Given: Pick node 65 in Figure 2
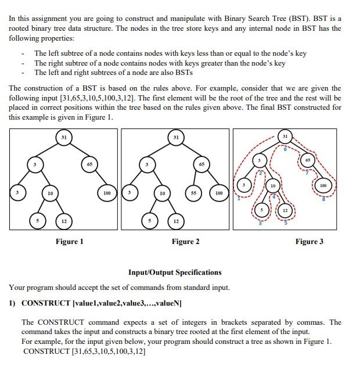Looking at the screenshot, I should [x=201, y=164].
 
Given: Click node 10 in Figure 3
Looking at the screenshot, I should [x=272, y=185].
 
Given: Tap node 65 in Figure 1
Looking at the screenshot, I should [x=89, y=164].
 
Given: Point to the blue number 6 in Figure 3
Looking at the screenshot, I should [x=285, y=149].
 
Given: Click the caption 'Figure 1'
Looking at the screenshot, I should [x=69, y=242].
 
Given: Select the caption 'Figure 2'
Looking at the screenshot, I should [x=185, y=242].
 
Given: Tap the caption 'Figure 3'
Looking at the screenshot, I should [x=309, y=242].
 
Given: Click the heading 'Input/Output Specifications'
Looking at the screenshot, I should [x=174, y=272].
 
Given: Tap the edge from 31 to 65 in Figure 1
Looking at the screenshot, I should [x=76, y=150].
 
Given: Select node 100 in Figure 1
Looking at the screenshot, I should [x=106, y=192].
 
